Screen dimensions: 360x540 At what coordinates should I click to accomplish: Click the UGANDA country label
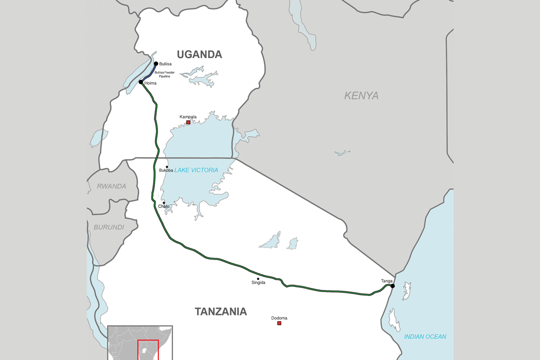[199, 54]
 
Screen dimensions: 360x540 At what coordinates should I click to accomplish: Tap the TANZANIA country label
[220, 311]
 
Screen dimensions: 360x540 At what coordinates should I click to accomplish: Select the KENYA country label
[361, 95]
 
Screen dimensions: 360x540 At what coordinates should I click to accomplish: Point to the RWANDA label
[112, 186]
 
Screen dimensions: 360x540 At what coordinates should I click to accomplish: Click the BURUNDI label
[109, 227]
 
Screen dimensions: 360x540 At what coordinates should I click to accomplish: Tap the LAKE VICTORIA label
[196, 170]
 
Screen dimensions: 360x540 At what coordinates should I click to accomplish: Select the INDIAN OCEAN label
[425, 337]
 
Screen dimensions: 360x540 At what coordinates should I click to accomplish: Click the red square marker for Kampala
[188, 122]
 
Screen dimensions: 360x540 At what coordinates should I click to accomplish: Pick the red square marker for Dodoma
[279, 323]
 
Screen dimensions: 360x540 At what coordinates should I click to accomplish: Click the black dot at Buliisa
[156, 64]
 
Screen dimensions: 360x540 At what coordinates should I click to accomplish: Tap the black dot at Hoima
[141, 82]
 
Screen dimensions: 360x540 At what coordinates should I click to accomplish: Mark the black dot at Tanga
[392, 286]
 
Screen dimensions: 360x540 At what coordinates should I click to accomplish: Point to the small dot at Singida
[258, 279]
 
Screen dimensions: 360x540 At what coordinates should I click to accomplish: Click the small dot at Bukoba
[167, 167]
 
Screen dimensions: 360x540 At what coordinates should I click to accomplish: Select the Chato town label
[164, 207]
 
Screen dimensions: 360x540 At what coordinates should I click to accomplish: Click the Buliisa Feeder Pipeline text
[164, 74]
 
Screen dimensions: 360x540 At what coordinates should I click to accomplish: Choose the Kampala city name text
[188, 117]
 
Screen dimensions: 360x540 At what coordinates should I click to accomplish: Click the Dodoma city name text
[279, 318]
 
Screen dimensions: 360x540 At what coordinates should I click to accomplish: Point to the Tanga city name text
[387, 281]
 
